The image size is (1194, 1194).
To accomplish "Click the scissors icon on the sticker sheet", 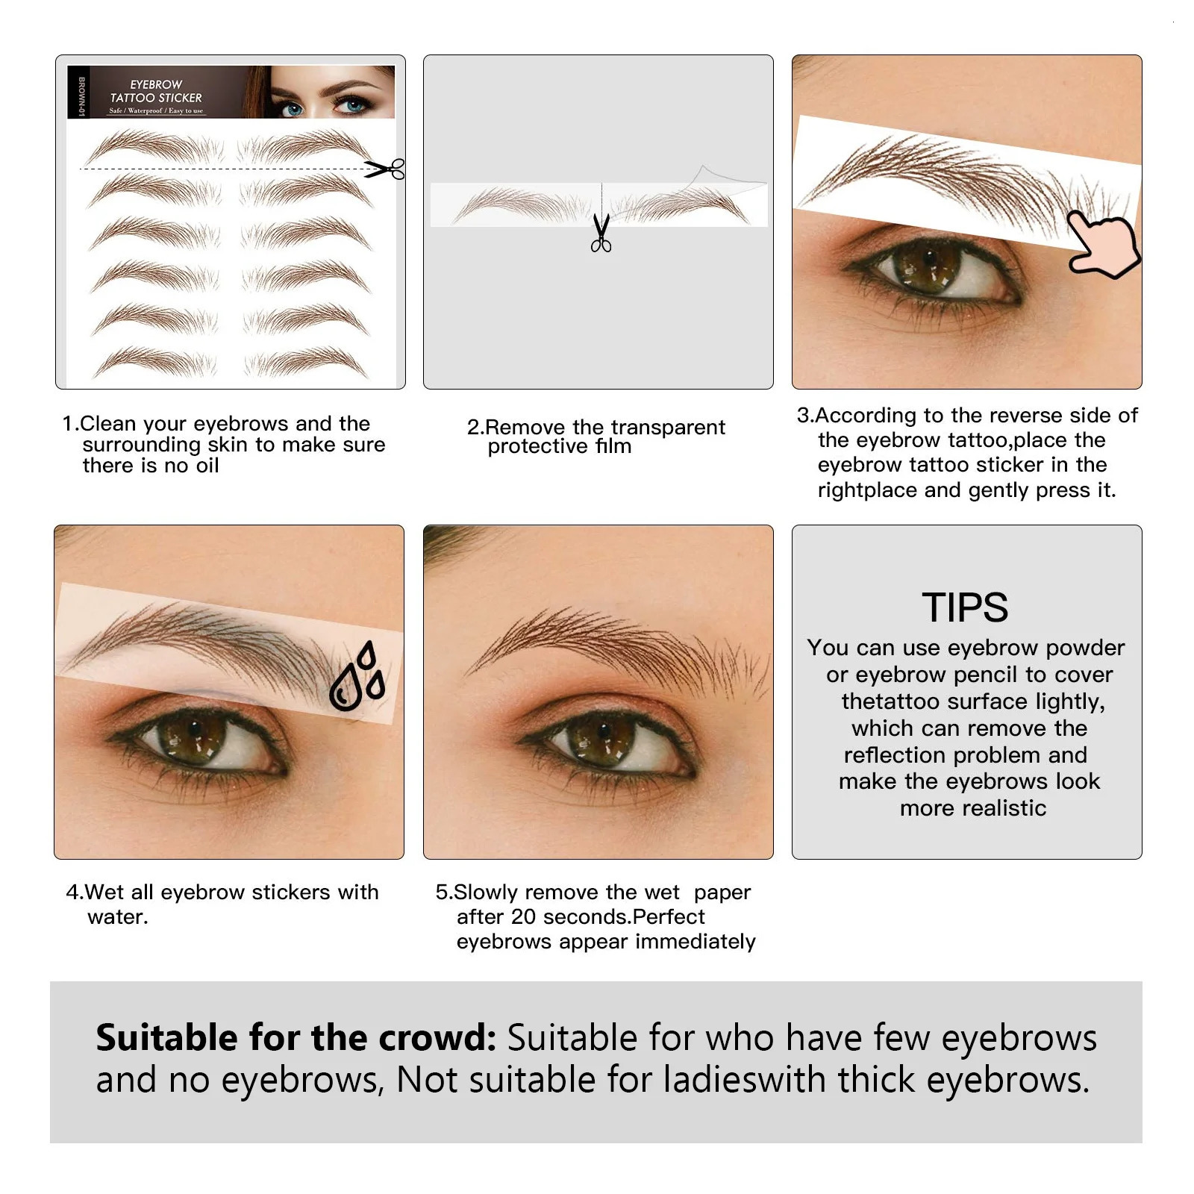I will pyautogui.click(x=386, y=169).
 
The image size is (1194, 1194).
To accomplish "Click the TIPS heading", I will pyautogui.click(x=965, y=607).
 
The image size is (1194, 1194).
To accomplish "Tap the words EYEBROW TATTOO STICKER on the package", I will pyautogui.click(x=156, y=91).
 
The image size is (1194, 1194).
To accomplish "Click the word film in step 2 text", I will pyautogui.click(x=613, y=446).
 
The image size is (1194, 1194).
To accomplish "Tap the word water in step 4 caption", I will pyautogui.click(x=117, y=917).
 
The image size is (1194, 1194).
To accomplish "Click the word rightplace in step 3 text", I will pyautogui.click(x=867, y=490).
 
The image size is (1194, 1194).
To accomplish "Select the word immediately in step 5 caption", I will pyautogui.click(x=696, y=942).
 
